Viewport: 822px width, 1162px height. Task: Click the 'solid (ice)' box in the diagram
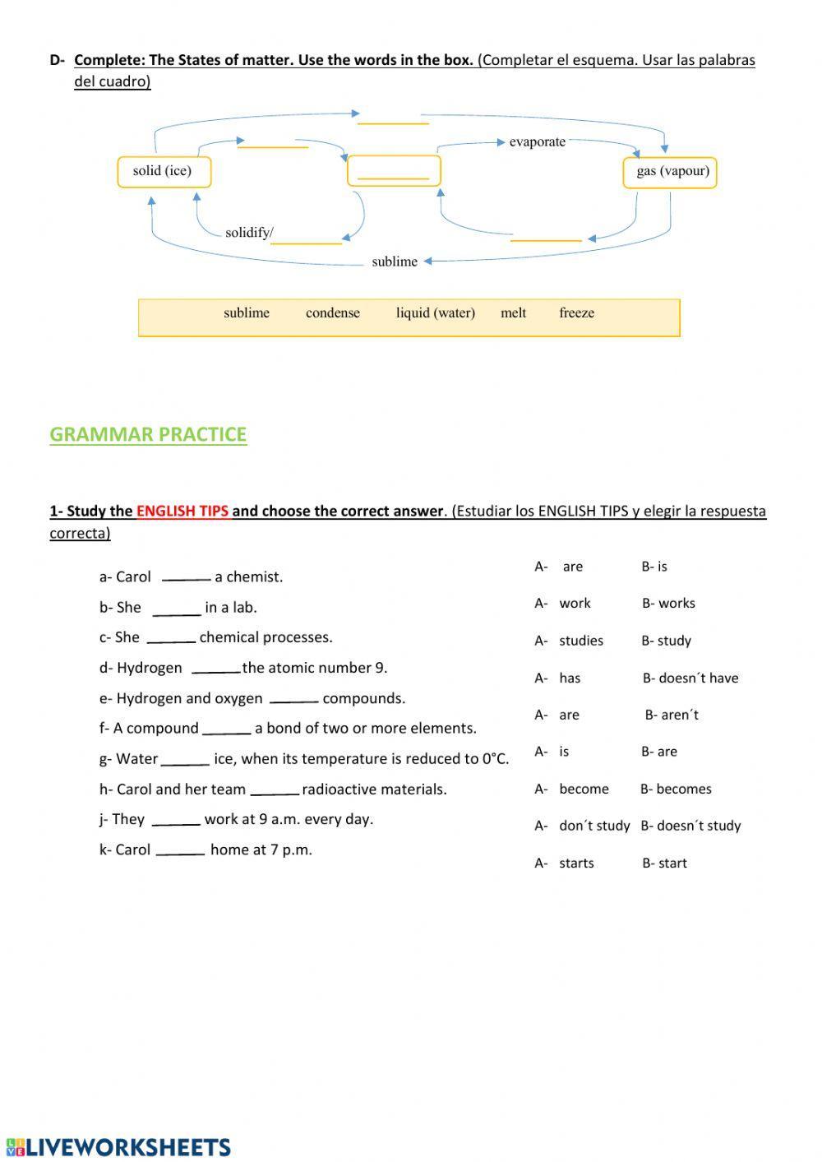[x=164, y=172]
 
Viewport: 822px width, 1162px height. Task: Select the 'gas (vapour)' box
[x=670, y=173]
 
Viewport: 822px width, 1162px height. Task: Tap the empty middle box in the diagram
[x=394, y=171]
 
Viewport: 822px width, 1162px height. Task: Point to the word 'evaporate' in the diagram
[x=537, y=142]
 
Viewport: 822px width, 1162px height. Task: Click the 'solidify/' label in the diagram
[x=248, y=233]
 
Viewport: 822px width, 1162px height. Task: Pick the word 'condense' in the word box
[x=332, y=313]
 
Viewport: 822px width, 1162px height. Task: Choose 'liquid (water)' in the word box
[x=435, y=313]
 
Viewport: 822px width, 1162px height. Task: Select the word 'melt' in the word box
[x=513, y=313]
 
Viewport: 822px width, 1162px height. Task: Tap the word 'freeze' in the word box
[x=576, y=313]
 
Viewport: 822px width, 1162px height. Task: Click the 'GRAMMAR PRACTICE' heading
[x=148, y=434]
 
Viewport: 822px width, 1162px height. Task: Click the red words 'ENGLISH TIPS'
[x=182, y=511]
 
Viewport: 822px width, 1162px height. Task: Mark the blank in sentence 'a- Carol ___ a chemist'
[x=186, y=577]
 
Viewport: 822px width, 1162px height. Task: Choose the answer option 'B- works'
[x=668, y=604]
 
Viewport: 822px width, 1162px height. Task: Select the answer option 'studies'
[x=580, y=641]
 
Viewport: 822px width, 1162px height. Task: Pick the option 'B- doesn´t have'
[x=690, y=678]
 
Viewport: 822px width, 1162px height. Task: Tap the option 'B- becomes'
[x=676, y=789]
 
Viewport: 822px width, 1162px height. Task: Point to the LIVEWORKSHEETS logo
[x=118, y=1147]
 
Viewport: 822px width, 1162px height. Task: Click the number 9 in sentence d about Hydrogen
[x=379, y=668]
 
